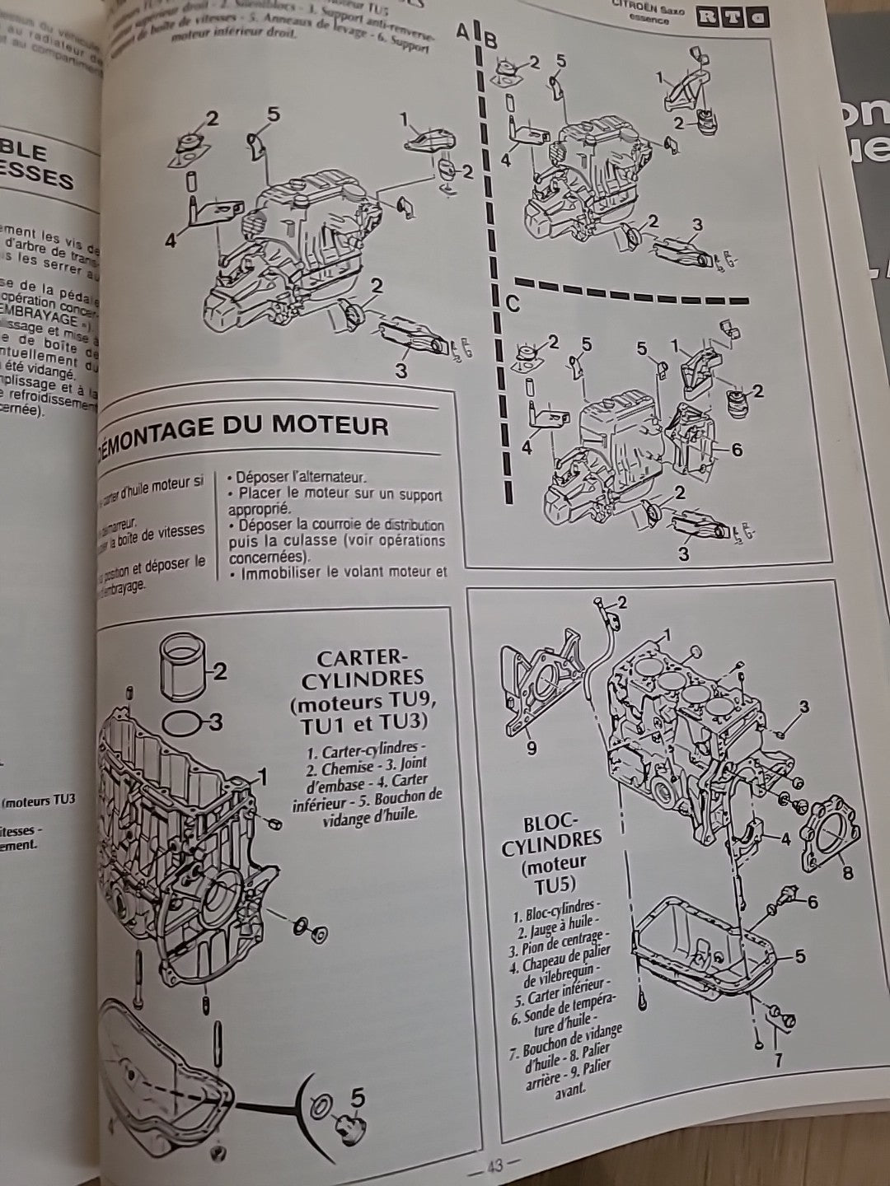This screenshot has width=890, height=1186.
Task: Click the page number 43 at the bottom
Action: [494, 1166]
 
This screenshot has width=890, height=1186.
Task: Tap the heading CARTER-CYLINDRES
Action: [363, 669]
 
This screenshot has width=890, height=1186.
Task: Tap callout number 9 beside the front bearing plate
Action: [532, 748]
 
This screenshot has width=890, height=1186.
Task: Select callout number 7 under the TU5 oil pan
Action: [777, 1058]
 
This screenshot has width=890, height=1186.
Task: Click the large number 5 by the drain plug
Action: [358, 1097]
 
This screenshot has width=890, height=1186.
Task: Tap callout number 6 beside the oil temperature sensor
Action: [812, 902]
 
